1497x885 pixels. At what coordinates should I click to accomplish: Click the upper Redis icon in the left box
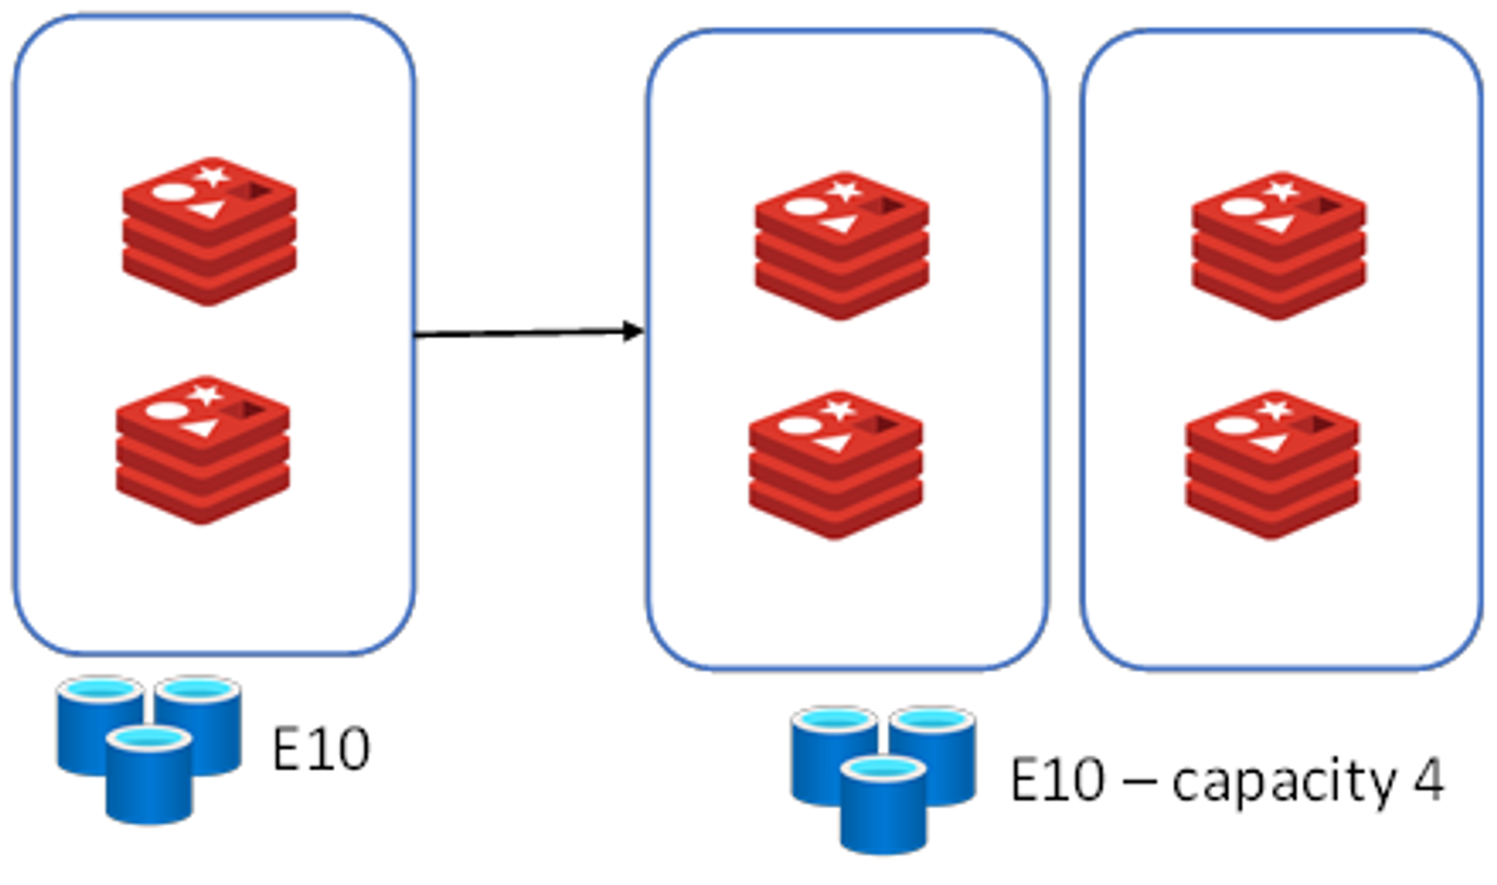coord(209,231)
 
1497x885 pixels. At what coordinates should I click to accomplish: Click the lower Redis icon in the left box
coord(202,450)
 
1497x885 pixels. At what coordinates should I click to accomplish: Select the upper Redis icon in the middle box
coord(842,246)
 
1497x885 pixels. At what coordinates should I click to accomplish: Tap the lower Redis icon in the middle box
coord(835,465)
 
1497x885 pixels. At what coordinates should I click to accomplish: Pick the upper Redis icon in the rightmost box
coord(1278,246)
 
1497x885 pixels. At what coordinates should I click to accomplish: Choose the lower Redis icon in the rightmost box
coord(1272,465)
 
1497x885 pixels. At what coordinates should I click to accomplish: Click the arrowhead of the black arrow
coord(633,331)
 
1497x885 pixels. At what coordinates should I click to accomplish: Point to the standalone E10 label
coord(321,748)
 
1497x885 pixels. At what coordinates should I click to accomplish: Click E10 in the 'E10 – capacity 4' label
coord(1057,780)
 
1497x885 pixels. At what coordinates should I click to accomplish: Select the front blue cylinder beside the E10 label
coord(149,775)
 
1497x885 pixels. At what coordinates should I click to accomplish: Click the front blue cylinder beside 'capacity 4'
coord(884,806)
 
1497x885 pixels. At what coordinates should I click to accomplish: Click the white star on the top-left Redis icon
coord(213,176)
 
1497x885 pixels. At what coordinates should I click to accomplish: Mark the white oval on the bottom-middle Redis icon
coord(798,426)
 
